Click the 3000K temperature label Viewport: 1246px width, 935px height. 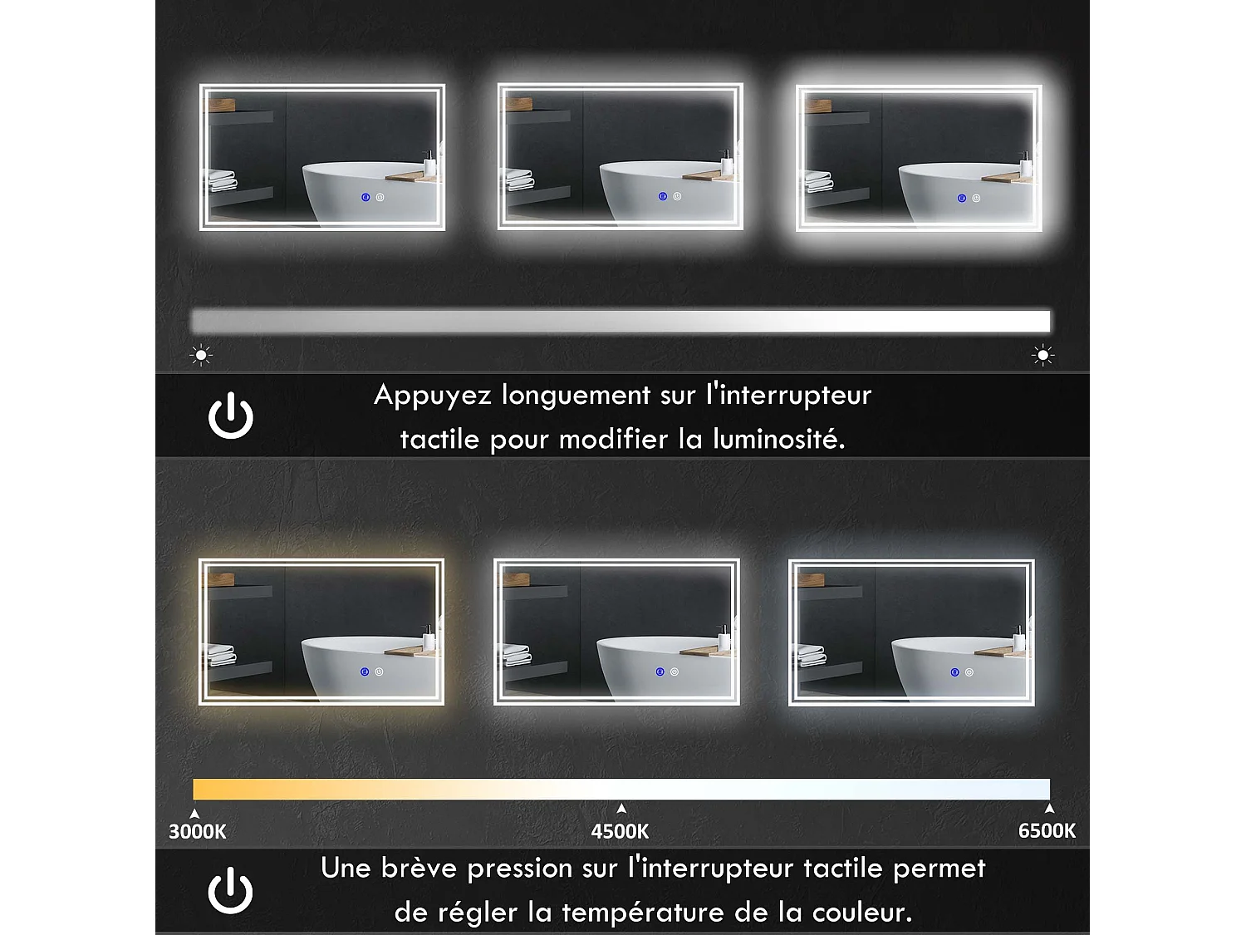[198, 831]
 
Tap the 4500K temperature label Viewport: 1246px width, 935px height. [620, 831]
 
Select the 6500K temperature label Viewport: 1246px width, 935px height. [1047, 830]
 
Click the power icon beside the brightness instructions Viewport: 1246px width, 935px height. [231, 416]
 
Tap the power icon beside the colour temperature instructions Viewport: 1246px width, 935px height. [230, 890]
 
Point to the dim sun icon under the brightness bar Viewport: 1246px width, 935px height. [201, 355]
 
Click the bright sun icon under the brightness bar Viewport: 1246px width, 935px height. [1042, 355]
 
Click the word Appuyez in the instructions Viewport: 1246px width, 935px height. [430, 396]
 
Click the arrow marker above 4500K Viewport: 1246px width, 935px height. [621, 809]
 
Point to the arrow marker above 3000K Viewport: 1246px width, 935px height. [194, 814]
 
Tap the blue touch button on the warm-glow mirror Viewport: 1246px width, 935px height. [365, 672]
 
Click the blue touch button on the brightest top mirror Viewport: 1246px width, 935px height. [961, 199]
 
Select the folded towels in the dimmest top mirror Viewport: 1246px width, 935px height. [222, 180]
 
